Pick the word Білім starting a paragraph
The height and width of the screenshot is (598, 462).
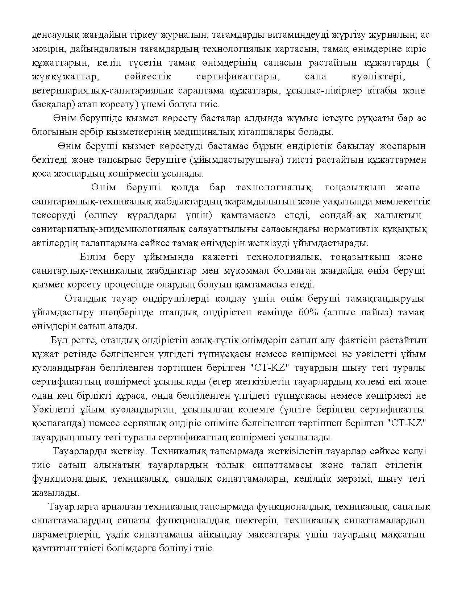click(x=92, y=257)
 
